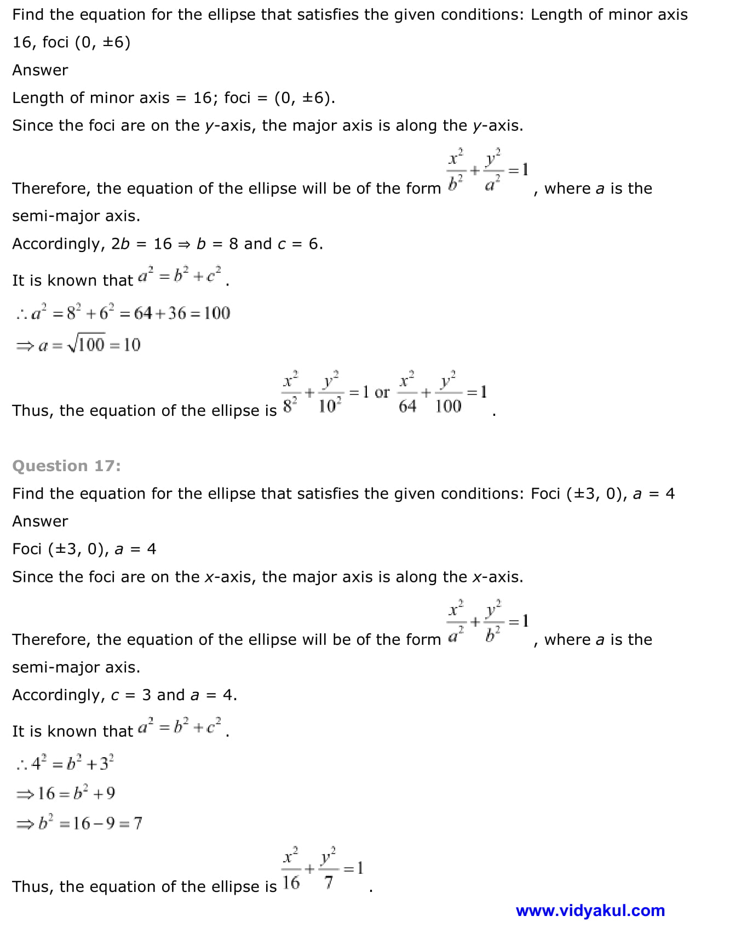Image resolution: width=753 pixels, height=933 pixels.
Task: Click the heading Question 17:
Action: coord(66,466)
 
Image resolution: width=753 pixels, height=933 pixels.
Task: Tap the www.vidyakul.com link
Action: coord(590,911)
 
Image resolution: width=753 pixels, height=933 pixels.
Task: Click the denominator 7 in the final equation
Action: coord(329,883)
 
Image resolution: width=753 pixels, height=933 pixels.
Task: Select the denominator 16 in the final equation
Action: coord(291,883)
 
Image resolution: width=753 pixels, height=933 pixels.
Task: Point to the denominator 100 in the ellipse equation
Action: coord(448,406)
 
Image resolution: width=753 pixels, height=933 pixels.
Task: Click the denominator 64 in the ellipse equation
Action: coord(407,406)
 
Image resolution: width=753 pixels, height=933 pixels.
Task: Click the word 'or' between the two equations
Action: coord(382,392)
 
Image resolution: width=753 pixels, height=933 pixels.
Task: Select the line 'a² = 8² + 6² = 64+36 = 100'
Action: coord(123,313)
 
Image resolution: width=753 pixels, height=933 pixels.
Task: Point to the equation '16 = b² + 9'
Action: coord(76,793)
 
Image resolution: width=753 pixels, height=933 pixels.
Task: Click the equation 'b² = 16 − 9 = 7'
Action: coord(90,823)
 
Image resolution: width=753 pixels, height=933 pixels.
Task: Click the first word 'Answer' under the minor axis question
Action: coord(40,70)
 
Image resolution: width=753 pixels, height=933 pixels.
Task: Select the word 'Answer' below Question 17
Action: coord(40,521)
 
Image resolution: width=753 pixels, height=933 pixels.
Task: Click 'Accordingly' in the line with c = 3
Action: coord(59,695)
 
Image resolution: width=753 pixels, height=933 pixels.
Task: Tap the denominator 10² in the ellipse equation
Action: coord(330,406)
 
